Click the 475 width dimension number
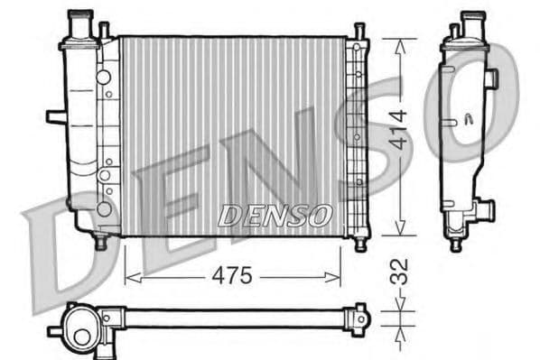[x=233, y=276]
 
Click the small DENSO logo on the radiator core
[x=276, y=216]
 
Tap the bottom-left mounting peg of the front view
[x=100, y=242]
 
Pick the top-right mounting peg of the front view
[x=359, y=32]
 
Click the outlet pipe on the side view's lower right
[x=485, y=210]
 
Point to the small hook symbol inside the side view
[x=468, y=117]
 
